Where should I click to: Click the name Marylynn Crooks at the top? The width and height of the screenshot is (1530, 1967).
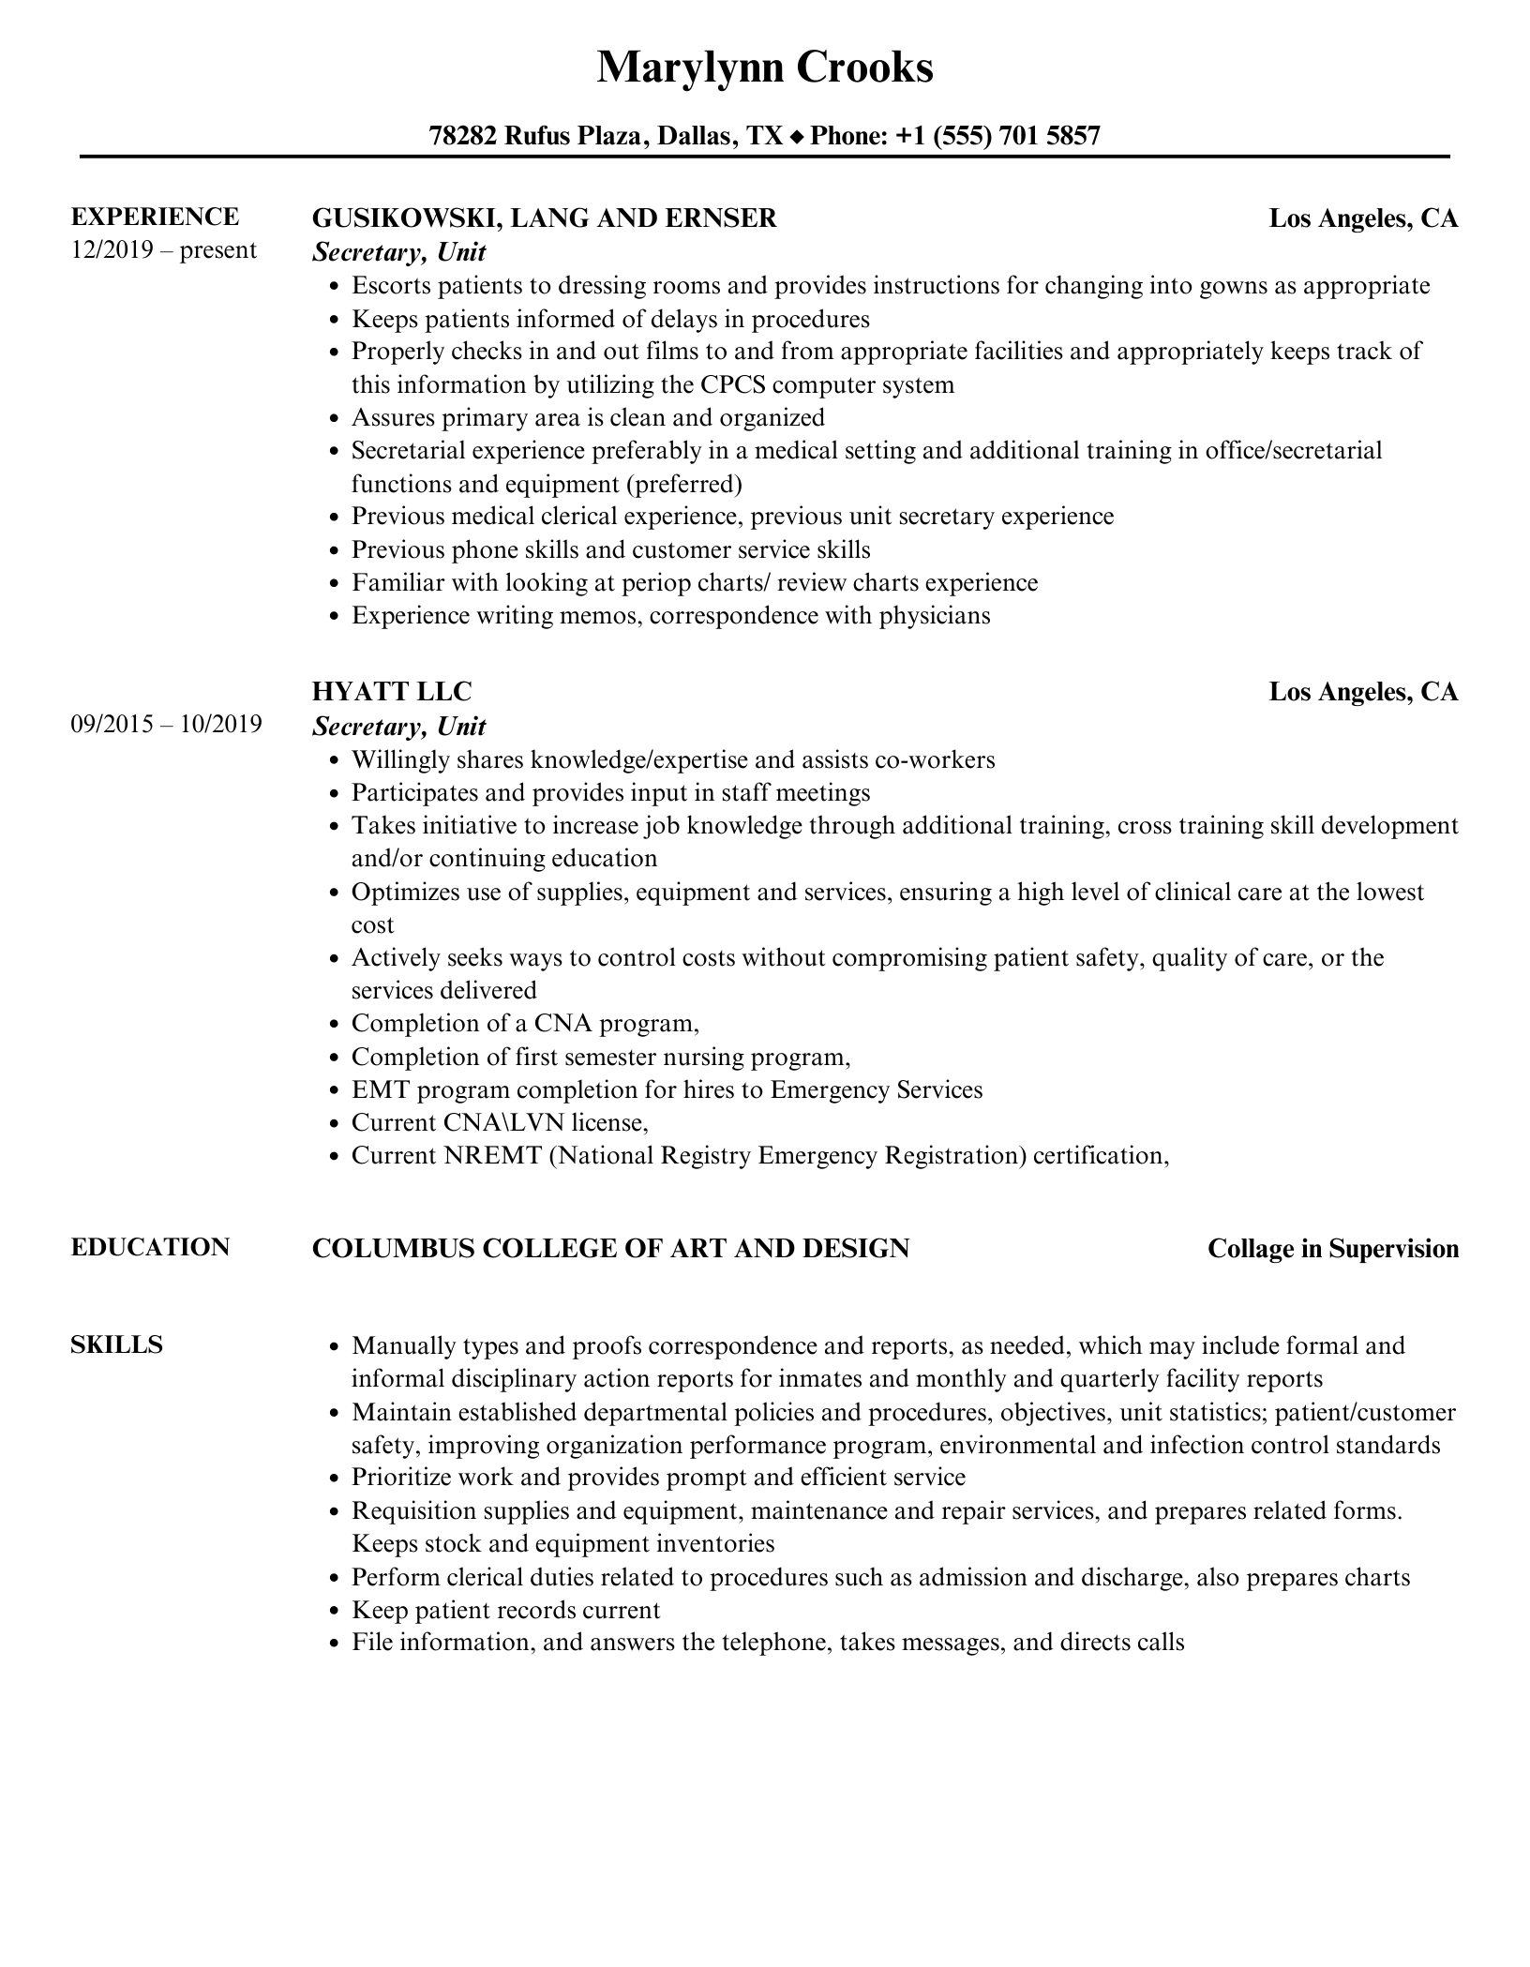pos(765,68)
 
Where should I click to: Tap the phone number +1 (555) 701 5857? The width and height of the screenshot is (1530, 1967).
pos(997,137)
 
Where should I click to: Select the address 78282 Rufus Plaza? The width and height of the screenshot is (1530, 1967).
pos(536,137)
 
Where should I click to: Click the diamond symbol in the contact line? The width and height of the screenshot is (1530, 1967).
pos(797,138)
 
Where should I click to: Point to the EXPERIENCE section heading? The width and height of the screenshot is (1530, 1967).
pos(155,218)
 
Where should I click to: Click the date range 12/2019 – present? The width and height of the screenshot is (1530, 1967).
pos(163,250)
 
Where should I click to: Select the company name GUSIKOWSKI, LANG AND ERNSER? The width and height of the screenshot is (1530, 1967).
pos(544,218)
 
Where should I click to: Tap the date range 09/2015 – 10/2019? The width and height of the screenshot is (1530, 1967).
pos(166,725)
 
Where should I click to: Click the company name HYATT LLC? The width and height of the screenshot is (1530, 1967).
pos(391,692)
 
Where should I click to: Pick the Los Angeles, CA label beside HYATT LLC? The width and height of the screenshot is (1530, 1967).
pos(1363,692)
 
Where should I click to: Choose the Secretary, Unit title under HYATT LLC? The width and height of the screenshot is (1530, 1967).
pos(399,727)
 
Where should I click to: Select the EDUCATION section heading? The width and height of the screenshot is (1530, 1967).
pos(150,1248)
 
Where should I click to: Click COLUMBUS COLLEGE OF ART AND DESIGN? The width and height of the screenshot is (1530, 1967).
pos(610,1249)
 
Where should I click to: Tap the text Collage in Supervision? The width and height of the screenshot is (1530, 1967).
pos(1332,1249)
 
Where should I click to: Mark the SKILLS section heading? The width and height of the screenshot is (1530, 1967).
pos(116,1345)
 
